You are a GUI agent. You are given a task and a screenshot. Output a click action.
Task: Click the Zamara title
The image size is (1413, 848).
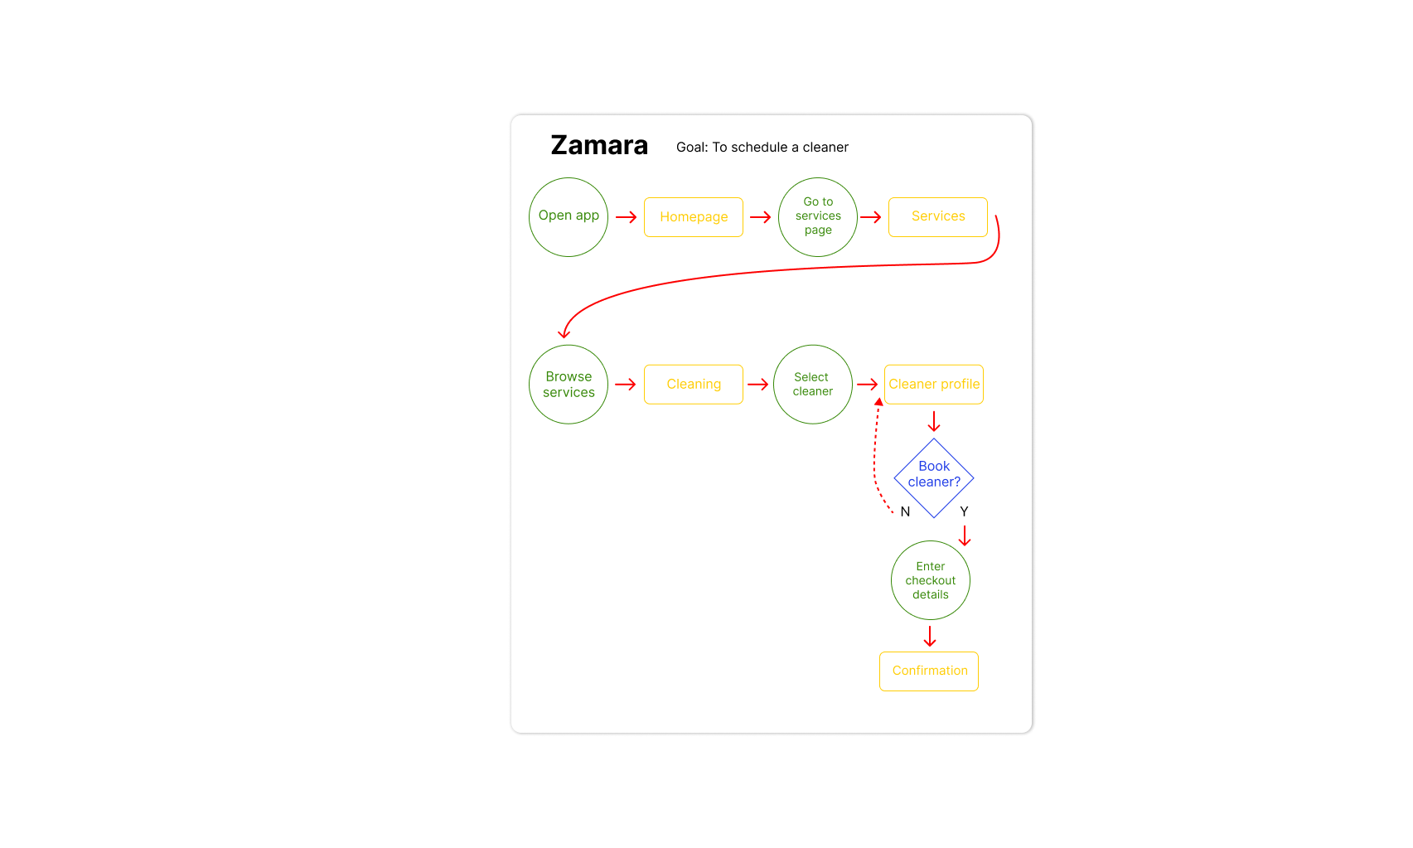(599, 146)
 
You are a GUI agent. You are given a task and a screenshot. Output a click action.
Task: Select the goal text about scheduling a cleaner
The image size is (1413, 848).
(762, 148)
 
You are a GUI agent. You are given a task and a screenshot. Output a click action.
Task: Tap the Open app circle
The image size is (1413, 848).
(569, 217)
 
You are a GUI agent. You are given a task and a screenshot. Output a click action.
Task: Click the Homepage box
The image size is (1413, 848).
(694, 217)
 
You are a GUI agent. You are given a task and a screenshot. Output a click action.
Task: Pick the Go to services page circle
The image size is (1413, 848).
(818, 217)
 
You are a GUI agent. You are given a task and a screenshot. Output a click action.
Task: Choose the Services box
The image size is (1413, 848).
(937, 217)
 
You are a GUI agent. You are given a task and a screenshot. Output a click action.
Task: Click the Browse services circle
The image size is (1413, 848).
(569, 385)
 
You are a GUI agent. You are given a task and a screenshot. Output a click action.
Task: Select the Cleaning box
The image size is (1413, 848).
(694, 385)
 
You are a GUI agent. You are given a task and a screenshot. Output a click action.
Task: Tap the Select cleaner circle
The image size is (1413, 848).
(813, 385)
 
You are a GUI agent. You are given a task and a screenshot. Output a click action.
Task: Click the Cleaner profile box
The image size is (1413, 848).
(934, 385)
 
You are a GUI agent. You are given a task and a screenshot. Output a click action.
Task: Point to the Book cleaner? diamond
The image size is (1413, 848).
(934, 477)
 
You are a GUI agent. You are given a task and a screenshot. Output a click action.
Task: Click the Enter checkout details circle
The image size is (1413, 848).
(931, 580)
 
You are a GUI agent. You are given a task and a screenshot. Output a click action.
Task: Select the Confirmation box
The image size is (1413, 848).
(929, 671)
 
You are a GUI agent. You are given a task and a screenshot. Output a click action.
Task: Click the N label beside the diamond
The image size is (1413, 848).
(905, 512)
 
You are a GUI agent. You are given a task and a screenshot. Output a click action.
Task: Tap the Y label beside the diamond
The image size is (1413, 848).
(964, 512)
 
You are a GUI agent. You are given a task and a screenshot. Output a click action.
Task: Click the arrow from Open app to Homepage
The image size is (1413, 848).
(626, 217)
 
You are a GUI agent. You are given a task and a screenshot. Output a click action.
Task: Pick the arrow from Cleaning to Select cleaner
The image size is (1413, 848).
(757, 385)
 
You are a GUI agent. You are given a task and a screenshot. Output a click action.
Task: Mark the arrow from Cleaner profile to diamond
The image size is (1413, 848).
(934, 421)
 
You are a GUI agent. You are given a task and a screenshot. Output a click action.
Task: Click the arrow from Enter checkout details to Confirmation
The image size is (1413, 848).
(930, 636)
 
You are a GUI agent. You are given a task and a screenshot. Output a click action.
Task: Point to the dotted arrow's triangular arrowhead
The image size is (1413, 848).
(878, 402)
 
